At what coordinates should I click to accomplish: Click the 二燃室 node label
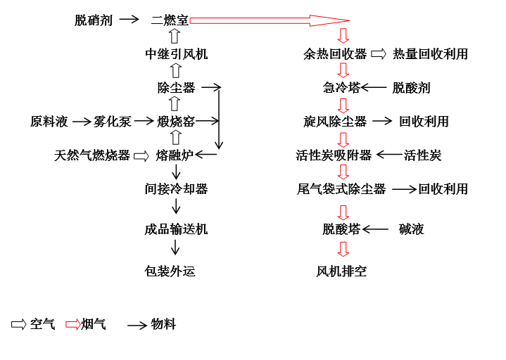[x=170, y=20]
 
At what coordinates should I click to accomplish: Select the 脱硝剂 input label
[x=94, y=20]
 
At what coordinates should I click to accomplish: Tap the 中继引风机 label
[x=176, y=54]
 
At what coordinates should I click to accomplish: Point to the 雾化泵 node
[x=113, y=122]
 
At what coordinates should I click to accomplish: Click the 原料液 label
[x=49, y=122]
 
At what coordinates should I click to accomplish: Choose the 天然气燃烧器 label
[x=92, y=155]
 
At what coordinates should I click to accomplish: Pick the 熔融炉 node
[x=175, y=155]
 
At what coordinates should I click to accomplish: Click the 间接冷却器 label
[x=176, y=189]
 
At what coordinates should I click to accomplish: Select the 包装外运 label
[x=170, y=271]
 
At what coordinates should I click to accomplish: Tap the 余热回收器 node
[x=335, y=54]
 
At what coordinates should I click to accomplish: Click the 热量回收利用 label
[x=430, y=54]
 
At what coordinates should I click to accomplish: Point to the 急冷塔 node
[x=341, y=88]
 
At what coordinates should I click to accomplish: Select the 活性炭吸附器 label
[x=334, y=155]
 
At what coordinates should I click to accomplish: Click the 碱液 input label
[x=411, y=229]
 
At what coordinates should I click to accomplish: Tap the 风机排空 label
[x=341, y=271]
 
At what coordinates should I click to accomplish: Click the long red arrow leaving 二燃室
[x=270, y=20]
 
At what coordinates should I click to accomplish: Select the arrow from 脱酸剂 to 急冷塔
[x=374, y=87]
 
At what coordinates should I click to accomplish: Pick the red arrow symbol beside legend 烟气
[x=73, y=324]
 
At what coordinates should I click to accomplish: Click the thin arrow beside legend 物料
[x=137, y=325]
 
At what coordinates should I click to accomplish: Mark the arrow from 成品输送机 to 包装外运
[x=175, y=247]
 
